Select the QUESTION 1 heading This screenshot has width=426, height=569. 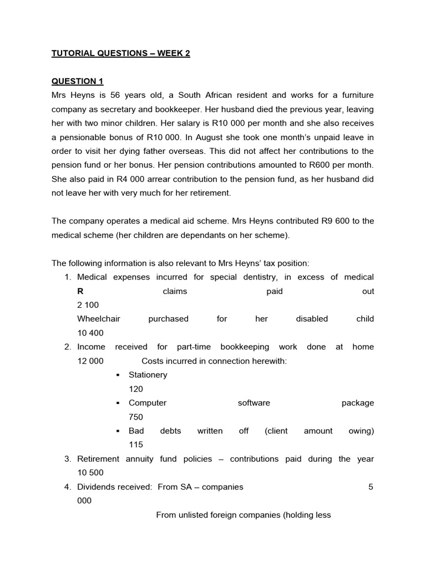pyautogui.click(x=74, y=81)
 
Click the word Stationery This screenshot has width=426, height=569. pyautogui.click(x=148, y=375)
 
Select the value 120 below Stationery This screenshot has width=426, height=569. pyautogui.click(x=135, y=389)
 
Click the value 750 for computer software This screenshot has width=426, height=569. pyautogui.click(x=136, y=417)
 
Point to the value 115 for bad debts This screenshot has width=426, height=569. pyautogui.click(x=135, y=445)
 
